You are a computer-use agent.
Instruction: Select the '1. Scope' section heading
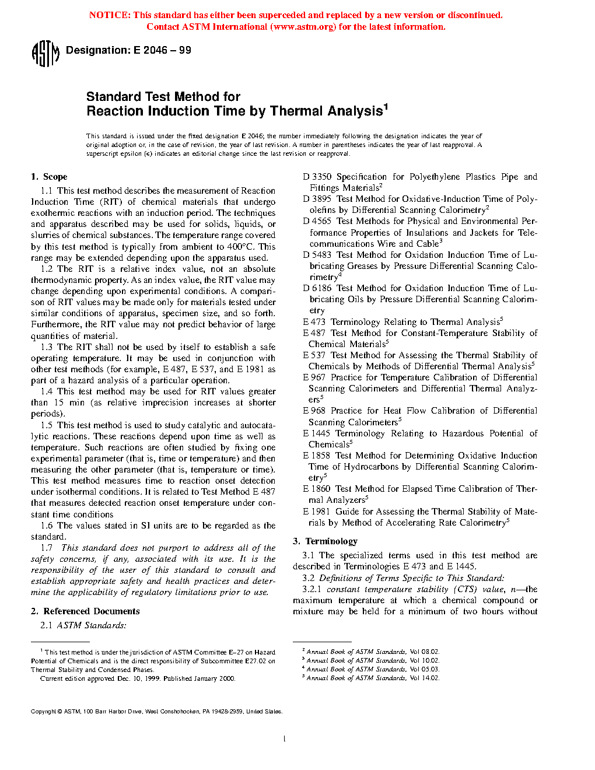pos(50,177)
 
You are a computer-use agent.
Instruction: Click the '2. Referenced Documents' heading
pos(86,611)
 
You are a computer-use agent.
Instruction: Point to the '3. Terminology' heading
pos(325,541)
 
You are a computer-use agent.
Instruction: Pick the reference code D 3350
pos(317,177)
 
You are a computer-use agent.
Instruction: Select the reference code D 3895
pos(317,199)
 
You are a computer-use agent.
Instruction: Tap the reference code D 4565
pos(317,221)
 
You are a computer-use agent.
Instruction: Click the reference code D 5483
pos(317,255)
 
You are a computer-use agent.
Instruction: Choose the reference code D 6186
pos(317,288)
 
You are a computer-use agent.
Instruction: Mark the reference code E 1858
pos(317,456)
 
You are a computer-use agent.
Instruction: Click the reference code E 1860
pos(317,489)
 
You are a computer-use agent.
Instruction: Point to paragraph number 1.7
pos(47,548)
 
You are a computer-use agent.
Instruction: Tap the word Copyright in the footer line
pos(44,712)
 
